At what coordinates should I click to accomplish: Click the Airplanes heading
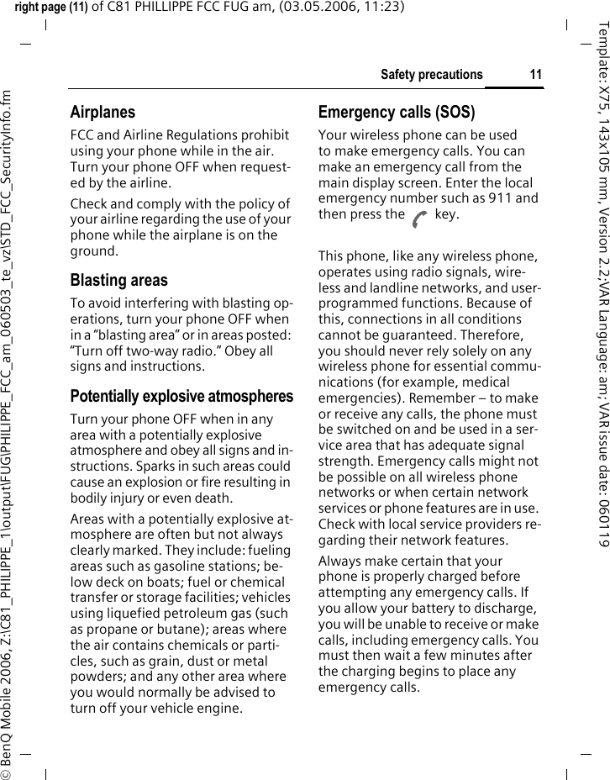[103, 112]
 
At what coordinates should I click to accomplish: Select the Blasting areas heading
[118, 281]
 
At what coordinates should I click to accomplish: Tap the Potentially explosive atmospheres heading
[181, 396]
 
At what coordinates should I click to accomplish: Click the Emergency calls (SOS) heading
[396, 112]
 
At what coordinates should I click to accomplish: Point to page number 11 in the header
[535, 75]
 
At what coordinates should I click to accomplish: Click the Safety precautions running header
[431, 75]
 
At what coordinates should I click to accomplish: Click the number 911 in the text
[500, 198]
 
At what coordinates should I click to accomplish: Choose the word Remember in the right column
[468, 398]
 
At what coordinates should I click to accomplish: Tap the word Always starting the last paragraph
[339, 561]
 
